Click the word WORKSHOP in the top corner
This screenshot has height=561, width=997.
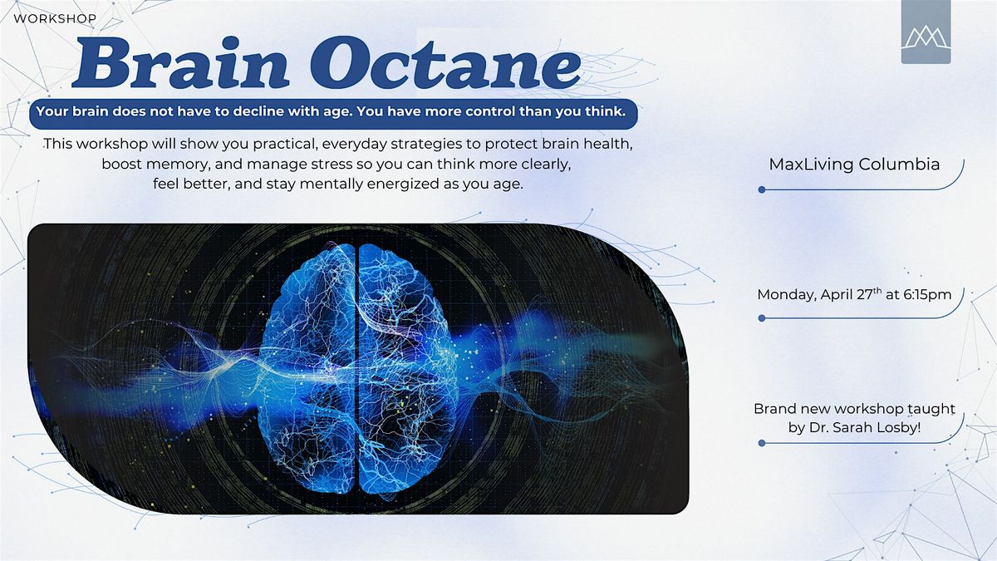click(55, 18)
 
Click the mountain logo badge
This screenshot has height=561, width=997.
click(926, 32)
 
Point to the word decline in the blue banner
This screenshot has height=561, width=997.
click(258, 111)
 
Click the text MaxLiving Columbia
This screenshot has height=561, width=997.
click(854, 165)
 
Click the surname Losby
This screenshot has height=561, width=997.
click(900, 427)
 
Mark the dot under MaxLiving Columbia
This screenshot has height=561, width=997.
click(762, 189)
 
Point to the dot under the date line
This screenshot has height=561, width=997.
click(762, 318)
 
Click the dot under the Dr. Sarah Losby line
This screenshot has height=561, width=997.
click(762, 443)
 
